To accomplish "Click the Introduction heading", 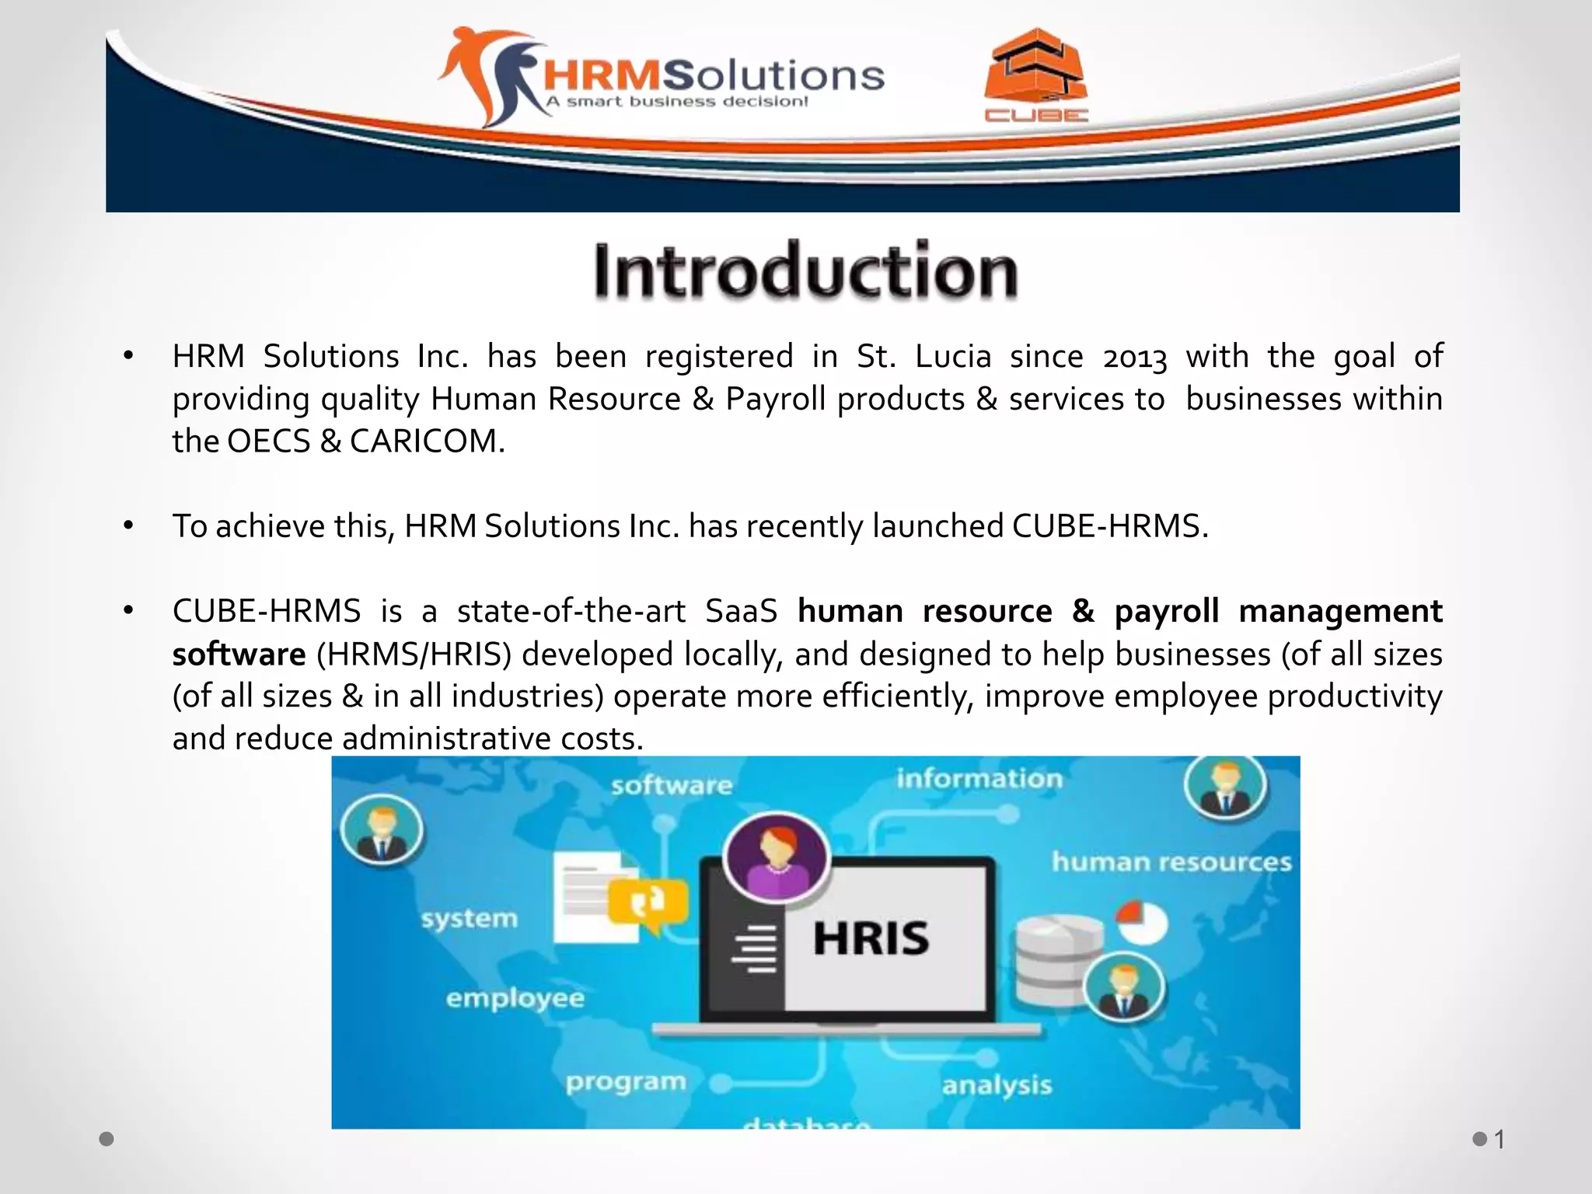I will click(x=805, y=271).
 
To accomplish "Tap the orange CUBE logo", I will click(x=1035, y=75).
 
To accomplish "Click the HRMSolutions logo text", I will click(x=714, y=75).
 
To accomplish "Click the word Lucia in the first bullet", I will click(x=952, y=357).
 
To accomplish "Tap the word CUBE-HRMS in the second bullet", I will click(x=1109, y=527).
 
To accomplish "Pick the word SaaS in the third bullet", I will click(x=741, y=612).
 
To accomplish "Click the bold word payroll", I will click(x=1166, y=612).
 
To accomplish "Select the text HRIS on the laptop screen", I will click(x=871, y=938).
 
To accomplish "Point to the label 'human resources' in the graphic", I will click(x=1171, y=862).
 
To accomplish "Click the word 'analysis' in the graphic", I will click(x=997, y=1085).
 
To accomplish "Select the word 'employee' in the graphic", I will click(x=515, y=998).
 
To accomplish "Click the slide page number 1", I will click(x=1499, y=1140).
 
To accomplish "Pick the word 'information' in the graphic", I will click(x=979, y=779).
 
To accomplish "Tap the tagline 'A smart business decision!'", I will click(x=676, y=102).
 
